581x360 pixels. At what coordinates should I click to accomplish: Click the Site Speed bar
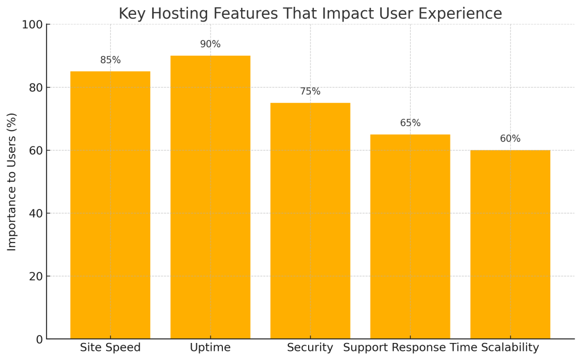click(x=110, y=205)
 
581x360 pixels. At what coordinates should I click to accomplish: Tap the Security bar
click(x=310, y=221)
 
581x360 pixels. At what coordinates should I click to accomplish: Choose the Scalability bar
click(x=510, y=245)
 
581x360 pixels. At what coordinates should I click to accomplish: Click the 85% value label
click(x=110, y=60)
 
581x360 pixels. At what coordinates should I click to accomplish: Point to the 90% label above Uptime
click(x=210, y=44)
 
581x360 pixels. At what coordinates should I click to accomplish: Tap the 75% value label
click(x=310, y=91)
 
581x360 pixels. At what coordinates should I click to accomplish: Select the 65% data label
click(x=410, y=123)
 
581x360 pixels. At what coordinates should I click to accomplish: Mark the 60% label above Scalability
click(x=510, y=139)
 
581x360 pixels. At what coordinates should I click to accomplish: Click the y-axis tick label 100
click(x=32, y=25)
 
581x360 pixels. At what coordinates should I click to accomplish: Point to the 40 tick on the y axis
click(x=36, y=214)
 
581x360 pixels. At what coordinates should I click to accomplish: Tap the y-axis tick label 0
click(x=39, y=340)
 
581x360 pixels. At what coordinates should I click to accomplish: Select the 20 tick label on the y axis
click(x=36, y=277)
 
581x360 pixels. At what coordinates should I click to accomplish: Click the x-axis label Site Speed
click(x=110, y=348)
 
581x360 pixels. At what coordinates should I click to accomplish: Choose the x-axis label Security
click(x=310, y=348)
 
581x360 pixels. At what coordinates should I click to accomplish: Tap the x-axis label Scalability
click(x=510, y=348)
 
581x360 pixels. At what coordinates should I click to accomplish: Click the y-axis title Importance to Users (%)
click(x=12, y=182)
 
